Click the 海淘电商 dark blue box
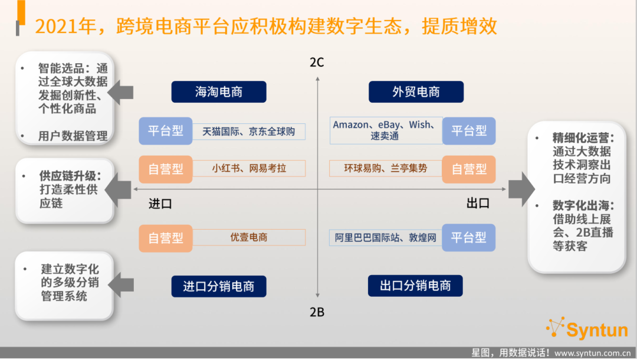(x=219, y=92)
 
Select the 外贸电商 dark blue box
(x=416, y=92)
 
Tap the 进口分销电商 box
(x=219, y=286)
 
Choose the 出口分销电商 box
(x=415, y=286)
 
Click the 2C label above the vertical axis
(x=317, y=62)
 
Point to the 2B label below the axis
(x=317, y=312)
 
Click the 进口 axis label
(x=160, y=204)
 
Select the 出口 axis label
(x=478, y=203)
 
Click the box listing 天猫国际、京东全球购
(x=249, y=132)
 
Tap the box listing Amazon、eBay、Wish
(x=386, y=130)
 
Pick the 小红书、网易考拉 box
(x=249, y=168)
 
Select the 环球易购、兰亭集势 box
(x=386, y=168)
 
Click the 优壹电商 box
(x=249, y=237)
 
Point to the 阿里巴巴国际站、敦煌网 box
(x=386, y=237)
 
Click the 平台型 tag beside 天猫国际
(x=165, y=131)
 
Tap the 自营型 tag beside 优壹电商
(x=165, y=238)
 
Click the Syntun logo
(x=587, y=328)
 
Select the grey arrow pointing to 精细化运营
(x=521, y=189)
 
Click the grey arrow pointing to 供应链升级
(x=118, y=190)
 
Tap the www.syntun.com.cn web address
(x=593, y=353)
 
